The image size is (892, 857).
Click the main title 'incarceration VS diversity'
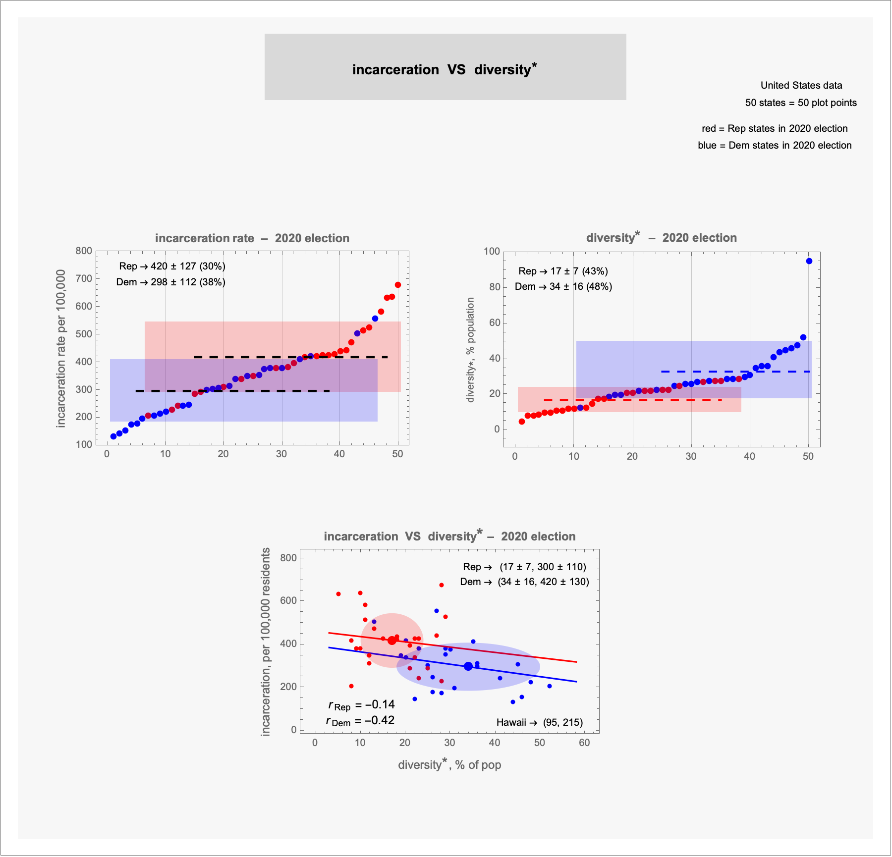point(445,69)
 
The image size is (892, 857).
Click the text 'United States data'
point(801,85)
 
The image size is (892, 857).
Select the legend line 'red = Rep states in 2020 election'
point(775,128)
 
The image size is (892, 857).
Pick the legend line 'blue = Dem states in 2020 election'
point(775,145)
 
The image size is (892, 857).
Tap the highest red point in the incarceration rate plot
point(398,285)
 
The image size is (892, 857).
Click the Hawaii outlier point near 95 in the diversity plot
point(809,261)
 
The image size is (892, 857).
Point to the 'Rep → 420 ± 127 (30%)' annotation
point(172,266)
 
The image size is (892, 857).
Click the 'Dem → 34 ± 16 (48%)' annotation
point(563,286)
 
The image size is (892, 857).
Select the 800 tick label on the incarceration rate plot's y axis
point(84,251)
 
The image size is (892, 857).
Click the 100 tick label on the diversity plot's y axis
point(492,251)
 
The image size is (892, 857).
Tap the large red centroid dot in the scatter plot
point(392,641)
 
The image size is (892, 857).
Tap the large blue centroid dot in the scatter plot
point(468,666)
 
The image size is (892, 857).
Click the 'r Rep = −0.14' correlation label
point(361,705)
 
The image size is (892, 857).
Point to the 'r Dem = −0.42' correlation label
point(360,720)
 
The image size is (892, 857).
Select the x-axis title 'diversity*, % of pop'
point(449,765)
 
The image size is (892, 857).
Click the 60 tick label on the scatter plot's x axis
point(584,743)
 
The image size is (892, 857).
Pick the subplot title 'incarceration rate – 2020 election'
point(252,238)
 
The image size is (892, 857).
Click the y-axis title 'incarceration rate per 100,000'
point(61,348)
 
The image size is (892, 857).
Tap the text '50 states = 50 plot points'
point(801,103)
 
